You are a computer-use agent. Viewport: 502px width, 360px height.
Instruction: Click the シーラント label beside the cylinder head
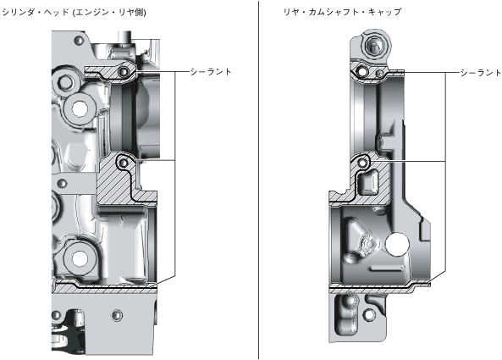click(x=211, y=72)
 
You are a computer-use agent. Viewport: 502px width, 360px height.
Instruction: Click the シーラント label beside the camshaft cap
click(x=481, y=73)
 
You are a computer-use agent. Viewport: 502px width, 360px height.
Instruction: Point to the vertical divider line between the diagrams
click(x=259, y=180)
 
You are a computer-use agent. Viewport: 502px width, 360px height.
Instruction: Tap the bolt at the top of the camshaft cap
click(x=373, y=46)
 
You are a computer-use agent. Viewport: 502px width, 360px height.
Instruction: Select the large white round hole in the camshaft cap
click(x=397, y=244)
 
